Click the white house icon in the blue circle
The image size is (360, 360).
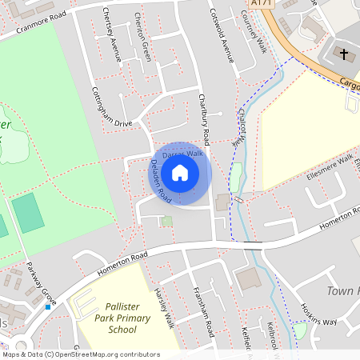(x=180, y=172)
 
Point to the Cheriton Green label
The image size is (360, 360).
(x=142, y=36)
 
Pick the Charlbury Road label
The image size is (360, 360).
(x=205, y=113)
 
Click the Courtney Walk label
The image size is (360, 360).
(x=254, y=32)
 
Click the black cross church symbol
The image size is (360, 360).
(x=345, y=54)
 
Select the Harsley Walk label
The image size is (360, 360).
(x=166, y=307)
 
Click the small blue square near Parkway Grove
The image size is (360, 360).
(x=48, y=306)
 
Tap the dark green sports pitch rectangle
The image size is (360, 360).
(x=29, y=214)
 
